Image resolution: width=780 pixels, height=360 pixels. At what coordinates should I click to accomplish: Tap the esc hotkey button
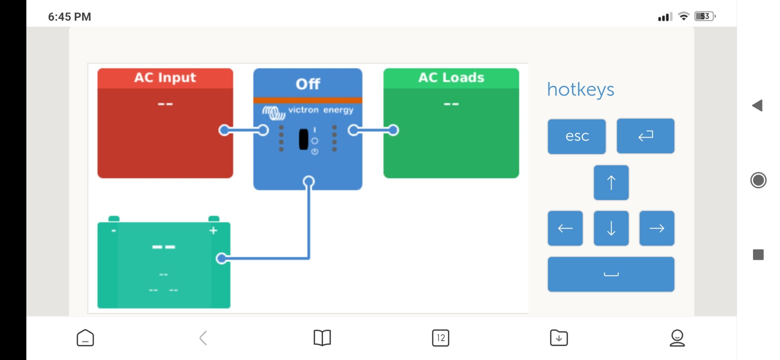click(x=577, y=136)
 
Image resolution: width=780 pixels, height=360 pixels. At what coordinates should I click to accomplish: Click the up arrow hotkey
click(x=611, y=182)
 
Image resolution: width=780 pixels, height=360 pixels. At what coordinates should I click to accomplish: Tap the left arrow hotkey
click(x=565, y=228)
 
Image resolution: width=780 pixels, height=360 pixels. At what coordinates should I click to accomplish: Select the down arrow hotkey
click(x=611, y=228)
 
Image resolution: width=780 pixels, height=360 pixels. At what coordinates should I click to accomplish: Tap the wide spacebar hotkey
click(x=611, y=274)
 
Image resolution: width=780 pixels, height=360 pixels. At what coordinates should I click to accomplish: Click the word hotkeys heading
click(x=580, y=90)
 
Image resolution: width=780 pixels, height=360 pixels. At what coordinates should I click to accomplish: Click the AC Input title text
click(x=165, y=78)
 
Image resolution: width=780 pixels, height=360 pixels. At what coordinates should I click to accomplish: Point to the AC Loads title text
click(x=451, y=78)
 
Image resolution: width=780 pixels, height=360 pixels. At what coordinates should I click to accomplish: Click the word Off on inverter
click(x=308, y=84)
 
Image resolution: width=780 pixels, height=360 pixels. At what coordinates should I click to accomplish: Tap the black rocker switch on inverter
click(x=304, y=139)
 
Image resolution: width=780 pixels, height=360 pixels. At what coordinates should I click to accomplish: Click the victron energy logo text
click(x=320, y=110)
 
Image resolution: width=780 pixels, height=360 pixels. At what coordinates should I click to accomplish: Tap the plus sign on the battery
click(x=213, y=230)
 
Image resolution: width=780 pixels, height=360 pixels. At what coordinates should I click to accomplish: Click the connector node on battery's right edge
click(x=221, y=258)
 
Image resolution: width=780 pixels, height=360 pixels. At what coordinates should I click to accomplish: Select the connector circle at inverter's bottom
click(x=308, y=182)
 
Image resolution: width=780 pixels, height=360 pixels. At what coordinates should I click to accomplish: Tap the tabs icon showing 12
click(x=441, y=338)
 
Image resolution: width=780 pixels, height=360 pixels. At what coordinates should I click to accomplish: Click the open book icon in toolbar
click(x=322, y=338)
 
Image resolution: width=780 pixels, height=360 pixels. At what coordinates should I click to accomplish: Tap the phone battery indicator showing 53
click(x=705, y=16)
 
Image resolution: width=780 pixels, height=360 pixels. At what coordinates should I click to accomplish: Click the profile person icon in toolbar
click(x=677, y=338)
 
